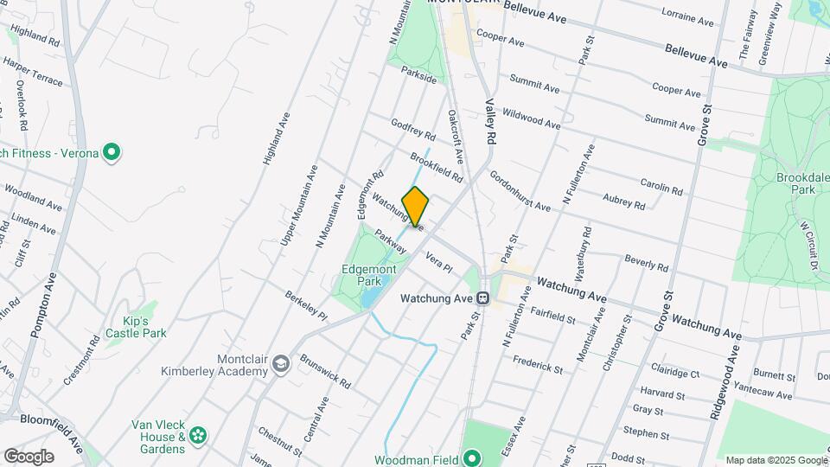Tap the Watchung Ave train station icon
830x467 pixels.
tap(484, 298)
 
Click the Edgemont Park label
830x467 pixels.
tap(362, 275)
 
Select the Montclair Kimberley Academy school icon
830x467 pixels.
tap(280, 366)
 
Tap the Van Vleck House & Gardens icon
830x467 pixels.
tap(199, 434)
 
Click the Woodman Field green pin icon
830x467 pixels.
tap(471, 457)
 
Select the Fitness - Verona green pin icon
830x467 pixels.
tap(111, 153)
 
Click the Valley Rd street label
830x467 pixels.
tap(490, 120)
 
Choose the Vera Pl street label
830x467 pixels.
tap(439, 262)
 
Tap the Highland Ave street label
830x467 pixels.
tap(274, 138)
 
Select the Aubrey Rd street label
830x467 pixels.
tap(624, 201)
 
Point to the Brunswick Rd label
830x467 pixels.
tap(325, 370)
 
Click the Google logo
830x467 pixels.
tap(29, 457)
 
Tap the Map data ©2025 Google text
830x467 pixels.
tap(776, 460)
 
